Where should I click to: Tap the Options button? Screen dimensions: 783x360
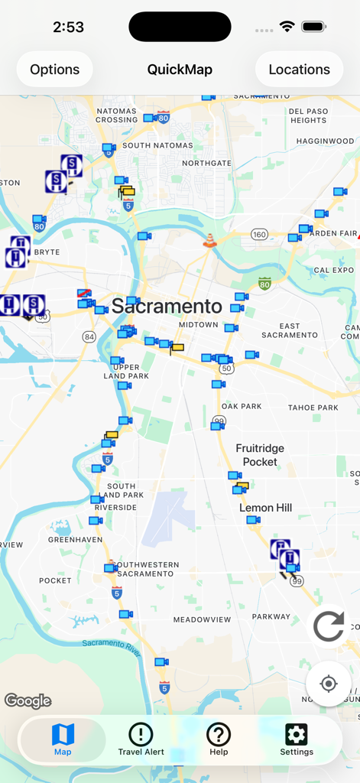coord(54,70)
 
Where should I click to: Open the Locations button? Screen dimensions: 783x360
coord(299,70)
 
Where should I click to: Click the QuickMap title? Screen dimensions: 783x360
coord(180,70)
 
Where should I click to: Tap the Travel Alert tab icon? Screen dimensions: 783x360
coord(141,735)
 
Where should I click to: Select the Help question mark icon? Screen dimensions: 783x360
coord(219,735)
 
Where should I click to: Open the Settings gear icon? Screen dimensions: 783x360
coord(296,735)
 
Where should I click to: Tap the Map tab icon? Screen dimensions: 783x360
coord(63,735)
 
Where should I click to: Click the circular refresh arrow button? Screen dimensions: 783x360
coord(329,628)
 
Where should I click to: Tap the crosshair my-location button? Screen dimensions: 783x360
coord(329,683)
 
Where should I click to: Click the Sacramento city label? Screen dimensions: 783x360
coord(167,307)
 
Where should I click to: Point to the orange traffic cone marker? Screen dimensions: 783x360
coord(209,241)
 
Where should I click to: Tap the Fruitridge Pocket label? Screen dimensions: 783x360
coord(260,455)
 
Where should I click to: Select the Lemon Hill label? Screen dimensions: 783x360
coord(265,508)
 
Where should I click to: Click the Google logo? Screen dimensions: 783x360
coord(28,700)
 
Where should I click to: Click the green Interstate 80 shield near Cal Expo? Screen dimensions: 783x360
coord(264,284)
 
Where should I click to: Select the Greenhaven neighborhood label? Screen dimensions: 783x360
coord(76,539)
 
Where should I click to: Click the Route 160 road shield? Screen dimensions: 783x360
coord(259,235)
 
